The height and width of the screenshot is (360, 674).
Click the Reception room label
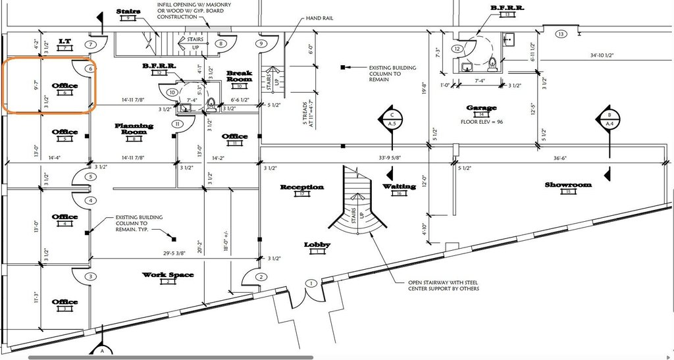click(302, 187)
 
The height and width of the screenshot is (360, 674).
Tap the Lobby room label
click(317, 245)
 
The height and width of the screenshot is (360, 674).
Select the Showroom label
click(568, 185)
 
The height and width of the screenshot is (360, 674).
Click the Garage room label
click(481, 108)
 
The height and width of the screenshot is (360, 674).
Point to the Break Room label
click(240, 76)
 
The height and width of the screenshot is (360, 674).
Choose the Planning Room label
click(134, 128)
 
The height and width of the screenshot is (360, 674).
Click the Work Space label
click(168, 274)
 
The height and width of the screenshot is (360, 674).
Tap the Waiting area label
click(400, 186)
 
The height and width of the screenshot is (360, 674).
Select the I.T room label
click(65, 41)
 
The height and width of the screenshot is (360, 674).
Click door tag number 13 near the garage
click(561, 34)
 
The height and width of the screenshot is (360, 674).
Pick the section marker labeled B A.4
click(609, 118)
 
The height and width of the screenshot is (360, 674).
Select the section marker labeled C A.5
click(391, 118)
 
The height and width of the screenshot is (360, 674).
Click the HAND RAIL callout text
click(319, 18)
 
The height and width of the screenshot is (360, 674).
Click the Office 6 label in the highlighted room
click(65, 86)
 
